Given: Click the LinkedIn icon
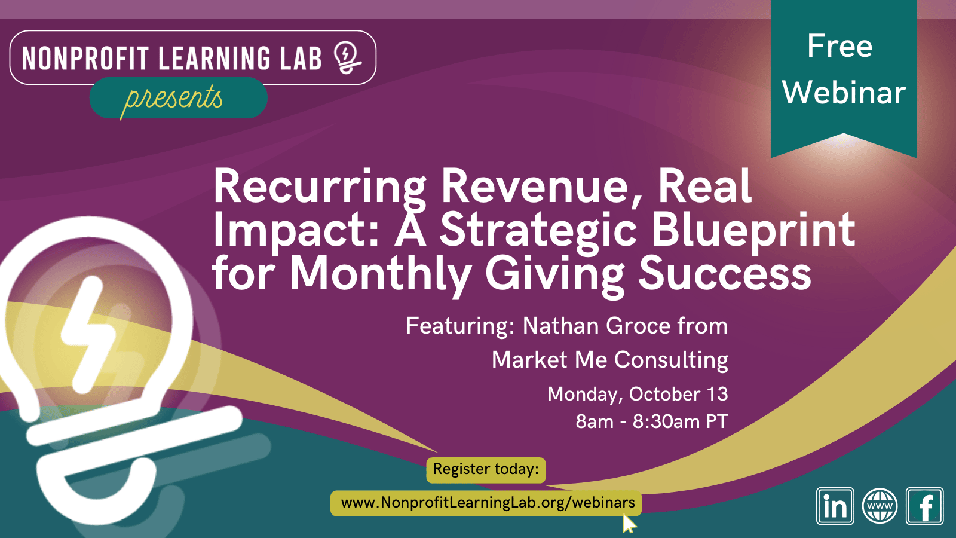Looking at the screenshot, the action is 835,506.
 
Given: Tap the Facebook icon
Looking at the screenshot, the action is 924,506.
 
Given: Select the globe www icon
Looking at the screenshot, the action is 880,506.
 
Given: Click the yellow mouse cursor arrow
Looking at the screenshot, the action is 629,524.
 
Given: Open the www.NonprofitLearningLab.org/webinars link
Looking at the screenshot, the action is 488,503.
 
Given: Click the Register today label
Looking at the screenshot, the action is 486,469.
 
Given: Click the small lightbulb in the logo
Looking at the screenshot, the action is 347,57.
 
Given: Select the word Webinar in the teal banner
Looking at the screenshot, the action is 844,93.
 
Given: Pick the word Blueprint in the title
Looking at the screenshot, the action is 753,231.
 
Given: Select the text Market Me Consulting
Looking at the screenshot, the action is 610,360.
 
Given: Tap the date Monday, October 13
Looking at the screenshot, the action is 638,394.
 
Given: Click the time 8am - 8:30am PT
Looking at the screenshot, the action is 652,421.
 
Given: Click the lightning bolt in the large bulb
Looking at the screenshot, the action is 88,334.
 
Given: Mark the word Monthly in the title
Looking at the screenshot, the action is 381,274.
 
